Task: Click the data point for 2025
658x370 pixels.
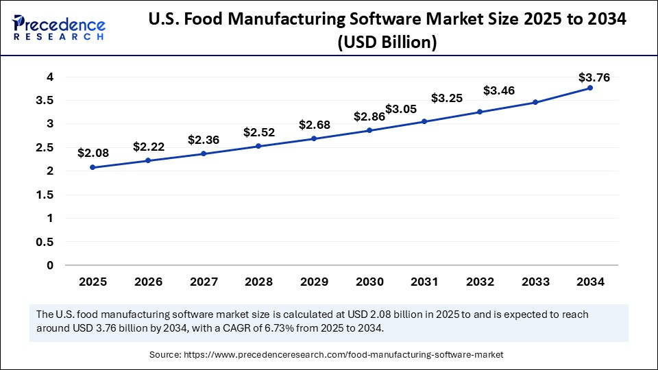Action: point(93,167)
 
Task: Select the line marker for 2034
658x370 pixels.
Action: point(590,88)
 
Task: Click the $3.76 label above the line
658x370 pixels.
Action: point(594,77)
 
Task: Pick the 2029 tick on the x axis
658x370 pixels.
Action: point(314,282)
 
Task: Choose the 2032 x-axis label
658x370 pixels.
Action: point(479,282)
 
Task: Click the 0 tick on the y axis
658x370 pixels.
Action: point(50,265)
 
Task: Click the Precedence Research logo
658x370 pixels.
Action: point(59,26)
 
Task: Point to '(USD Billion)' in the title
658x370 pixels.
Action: point(387,42)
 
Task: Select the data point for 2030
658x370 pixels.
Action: point(369,130)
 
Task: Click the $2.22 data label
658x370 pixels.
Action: point(148,147)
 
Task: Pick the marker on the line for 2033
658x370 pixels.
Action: point(535,102)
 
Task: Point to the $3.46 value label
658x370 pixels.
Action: point(499,90)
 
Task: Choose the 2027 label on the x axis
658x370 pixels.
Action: point(203,282)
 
